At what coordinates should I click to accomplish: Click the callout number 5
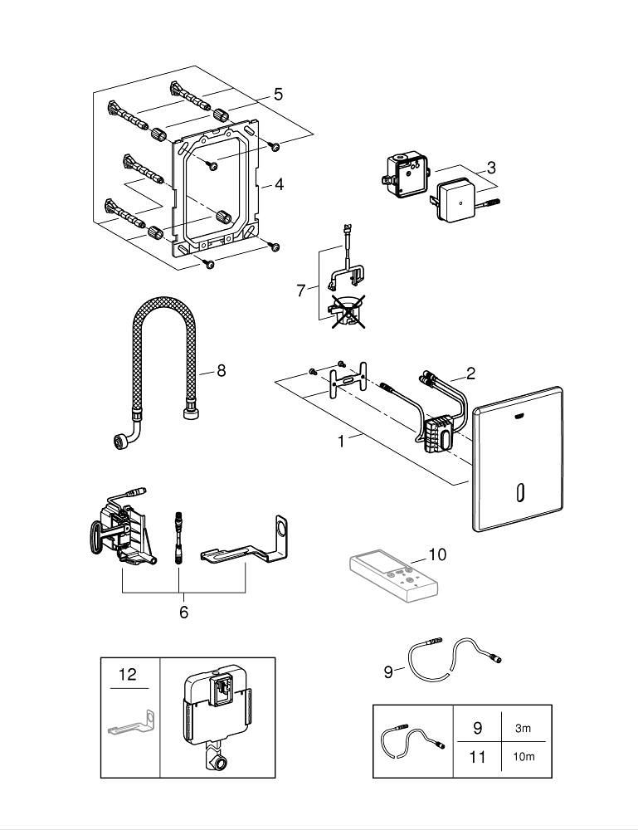pyautogui.click(x=278, y=95)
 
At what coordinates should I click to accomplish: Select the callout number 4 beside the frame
pyautogui.click(x=280, y=184)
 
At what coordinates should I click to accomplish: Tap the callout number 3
pyautogui.click(x=491, y=168)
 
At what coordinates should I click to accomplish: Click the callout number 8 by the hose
pyautogui.click(x=222, y=370)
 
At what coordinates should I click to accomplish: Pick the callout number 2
pyautogui.click(x=470, y=373)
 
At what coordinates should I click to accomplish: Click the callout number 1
pyautogui.click(x=341, y=441)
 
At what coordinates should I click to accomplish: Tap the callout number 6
pyautogui.click(x=183, y=612)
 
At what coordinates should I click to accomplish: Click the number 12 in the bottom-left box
pyautogui.click(x=127, y=674)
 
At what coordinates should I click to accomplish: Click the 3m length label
pyautogui.click(x=522, y=728)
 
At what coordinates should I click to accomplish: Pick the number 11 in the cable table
pyautogui.click(x=477, y=757)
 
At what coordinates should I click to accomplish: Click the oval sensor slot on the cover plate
pyautogui.click(x=519, y=493)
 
